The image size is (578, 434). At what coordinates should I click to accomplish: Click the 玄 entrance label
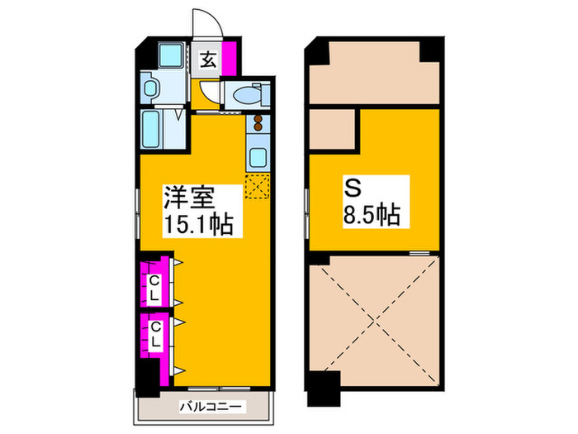(x=208, y=60)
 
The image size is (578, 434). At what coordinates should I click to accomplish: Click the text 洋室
(x=188, y=198)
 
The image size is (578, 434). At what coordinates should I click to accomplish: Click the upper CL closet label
(x=154, y=286)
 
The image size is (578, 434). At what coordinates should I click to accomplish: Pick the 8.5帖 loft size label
(x=372, y=216)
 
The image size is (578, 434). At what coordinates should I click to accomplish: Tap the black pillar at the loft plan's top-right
(x=429, y=50)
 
